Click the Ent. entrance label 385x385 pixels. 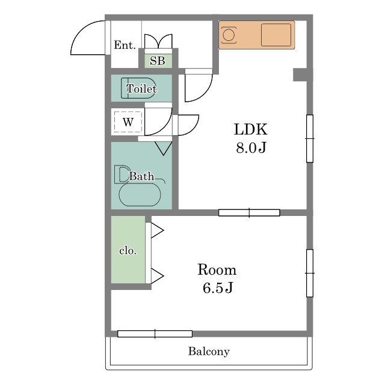click(125, 45)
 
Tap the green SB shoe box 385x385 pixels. click(158, 61)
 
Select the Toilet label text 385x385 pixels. click(141, 88)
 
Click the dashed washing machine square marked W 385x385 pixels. click(128, 122)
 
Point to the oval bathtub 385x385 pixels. click(140, 195)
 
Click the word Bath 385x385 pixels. click(142, 176)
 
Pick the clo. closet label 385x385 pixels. click(128, 251)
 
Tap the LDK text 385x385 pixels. click(251, 129)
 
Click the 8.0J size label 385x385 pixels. click(251, 148)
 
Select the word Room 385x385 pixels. click(217, 269)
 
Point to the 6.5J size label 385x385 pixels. click(218, 288)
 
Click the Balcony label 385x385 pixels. click(209, 351)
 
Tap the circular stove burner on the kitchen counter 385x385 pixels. click(229, 35)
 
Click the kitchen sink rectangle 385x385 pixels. click(276, 35)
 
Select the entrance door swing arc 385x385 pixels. click(81, 31)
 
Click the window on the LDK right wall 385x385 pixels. click(310, 138)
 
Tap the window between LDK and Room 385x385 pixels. click(249, 212)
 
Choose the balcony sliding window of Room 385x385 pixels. click(155, 334)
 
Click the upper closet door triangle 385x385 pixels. click(157, 230)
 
